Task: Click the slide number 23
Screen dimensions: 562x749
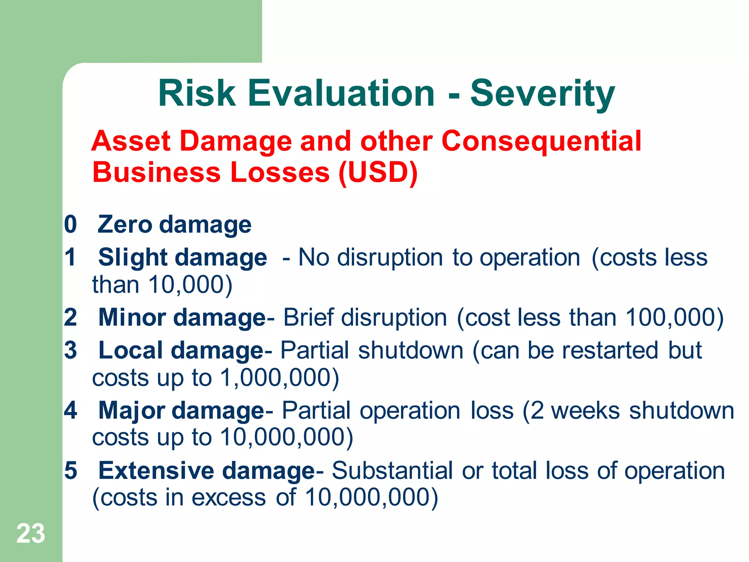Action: (x=31, y=533)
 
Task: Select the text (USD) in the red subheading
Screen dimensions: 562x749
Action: (x=378, y=172)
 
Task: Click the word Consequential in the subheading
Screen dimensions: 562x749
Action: (x=541, y=141)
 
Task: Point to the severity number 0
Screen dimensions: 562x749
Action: (x=71, y=224)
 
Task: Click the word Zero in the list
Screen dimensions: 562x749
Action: (x=125, y=224)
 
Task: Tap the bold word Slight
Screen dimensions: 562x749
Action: (x=133, y=257)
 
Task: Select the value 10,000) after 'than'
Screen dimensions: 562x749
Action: (x=190, y=284)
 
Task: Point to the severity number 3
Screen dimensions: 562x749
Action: (x=71, y=350)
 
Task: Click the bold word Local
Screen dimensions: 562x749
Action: (x=131, y=350)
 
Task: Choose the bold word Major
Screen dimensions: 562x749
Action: (x=132, y=410)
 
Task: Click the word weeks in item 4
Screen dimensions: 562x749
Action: (x=585, y=410)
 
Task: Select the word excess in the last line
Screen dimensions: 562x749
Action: (x=229, y=497)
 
